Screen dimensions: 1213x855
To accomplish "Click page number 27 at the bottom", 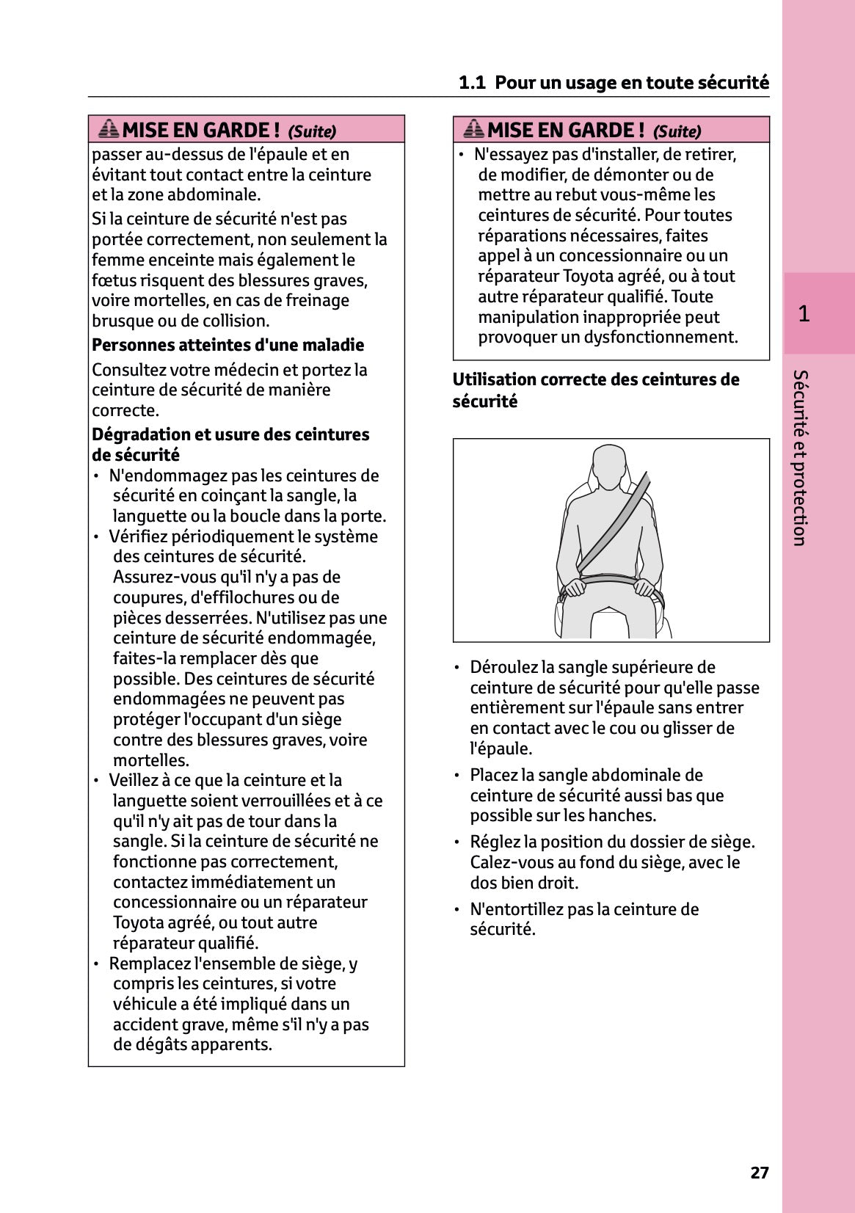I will click(759, 1173).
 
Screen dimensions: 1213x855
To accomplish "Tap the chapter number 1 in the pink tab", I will click(804, 314).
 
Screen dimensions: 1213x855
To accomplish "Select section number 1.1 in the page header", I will click(472, 82).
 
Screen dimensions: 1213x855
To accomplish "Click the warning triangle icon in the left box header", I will click(109, 129).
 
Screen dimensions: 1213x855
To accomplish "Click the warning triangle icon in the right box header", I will click(473, 129).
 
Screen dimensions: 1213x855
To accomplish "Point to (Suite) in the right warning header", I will click(677, 131).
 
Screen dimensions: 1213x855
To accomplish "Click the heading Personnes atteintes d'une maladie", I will click(228, 345).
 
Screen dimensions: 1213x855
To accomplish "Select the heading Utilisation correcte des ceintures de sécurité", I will click(595, 390).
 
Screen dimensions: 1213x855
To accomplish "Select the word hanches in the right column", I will click(628, 815).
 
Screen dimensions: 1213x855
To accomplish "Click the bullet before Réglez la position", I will click(456, 842).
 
